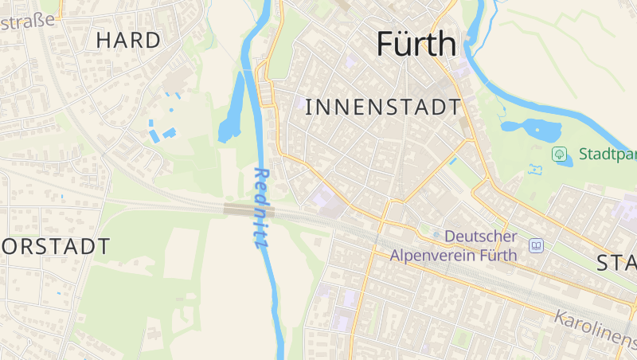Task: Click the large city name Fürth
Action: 416,44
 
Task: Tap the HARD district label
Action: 128,40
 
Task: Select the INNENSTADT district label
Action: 383,107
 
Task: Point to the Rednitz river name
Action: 260,208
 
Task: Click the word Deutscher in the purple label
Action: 481,237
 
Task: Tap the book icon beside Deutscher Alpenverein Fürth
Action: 537,245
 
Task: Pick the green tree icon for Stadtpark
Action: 560,153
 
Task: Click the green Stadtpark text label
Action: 607,154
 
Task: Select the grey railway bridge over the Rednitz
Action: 249,210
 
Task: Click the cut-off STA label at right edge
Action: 617,263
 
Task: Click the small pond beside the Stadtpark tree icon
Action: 565,162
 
